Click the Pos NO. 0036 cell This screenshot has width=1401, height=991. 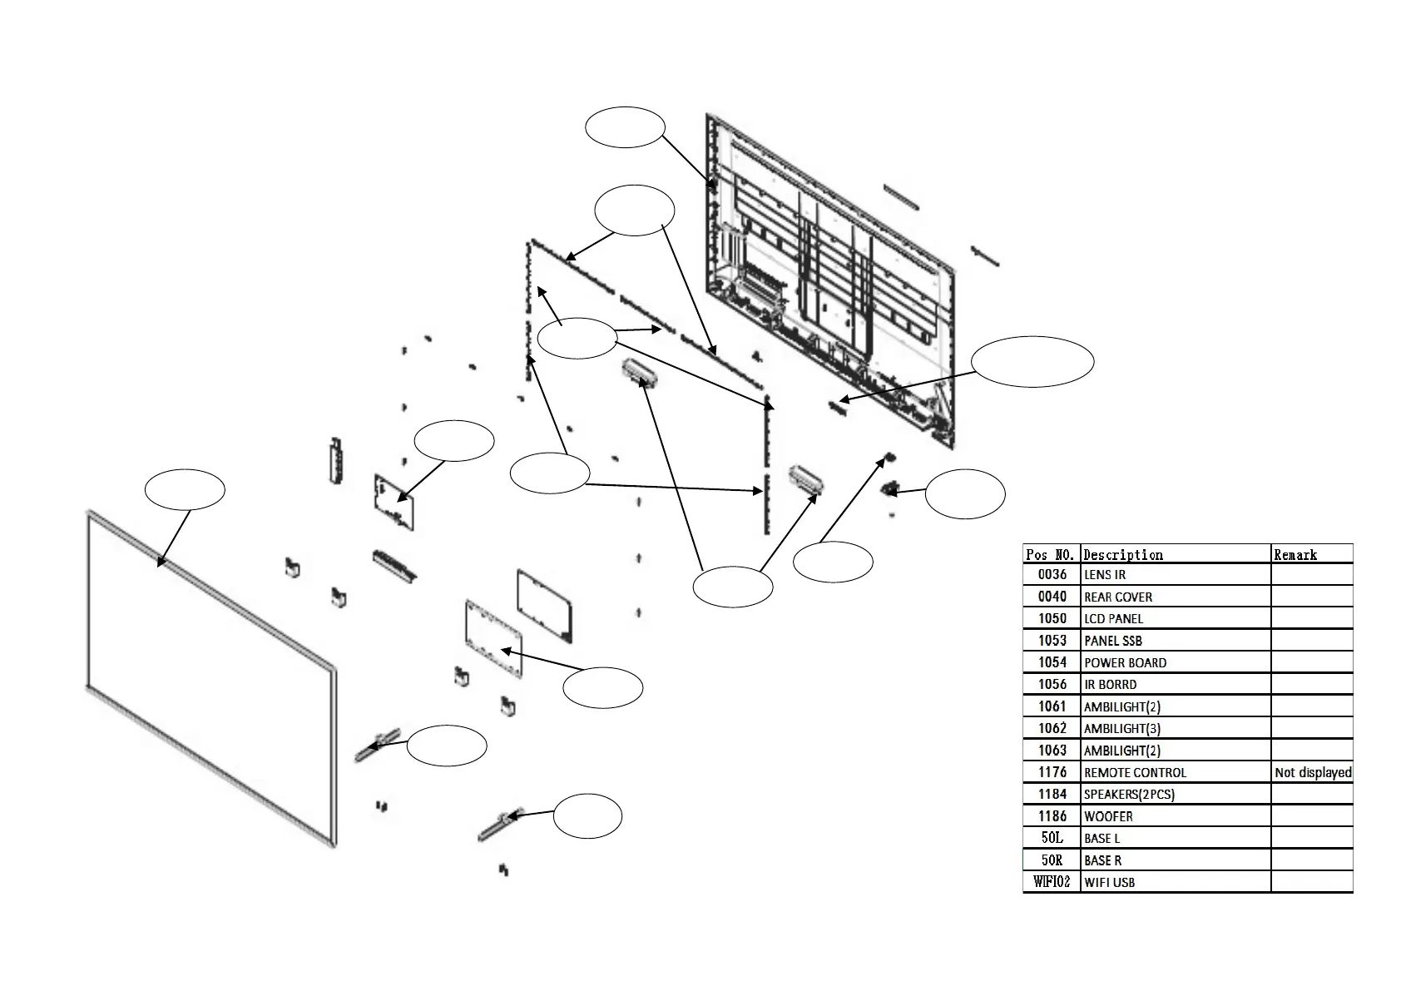coord(1052,574)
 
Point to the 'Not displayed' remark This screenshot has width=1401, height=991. coord(1312,772)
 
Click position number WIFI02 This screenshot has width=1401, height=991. coord(1052,882)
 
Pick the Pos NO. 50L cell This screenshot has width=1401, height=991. coord(1052,838)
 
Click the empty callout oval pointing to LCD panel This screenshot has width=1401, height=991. coord(185,490)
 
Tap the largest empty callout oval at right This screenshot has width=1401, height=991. coord(1032,362)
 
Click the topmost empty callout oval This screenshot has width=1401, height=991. coord(625,127)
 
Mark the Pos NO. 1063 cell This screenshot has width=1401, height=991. coord(1052,750)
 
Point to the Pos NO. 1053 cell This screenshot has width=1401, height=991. coord(1052,640)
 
